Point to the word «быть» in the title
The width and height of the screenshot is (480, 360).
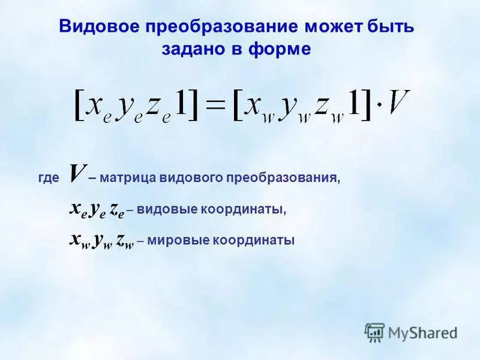[x=391, y=28]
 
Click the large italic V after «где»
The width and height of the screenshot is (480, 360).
[x=76, y=174]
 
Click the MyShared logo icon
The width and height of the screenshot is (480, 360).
[x=374, y=332]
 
